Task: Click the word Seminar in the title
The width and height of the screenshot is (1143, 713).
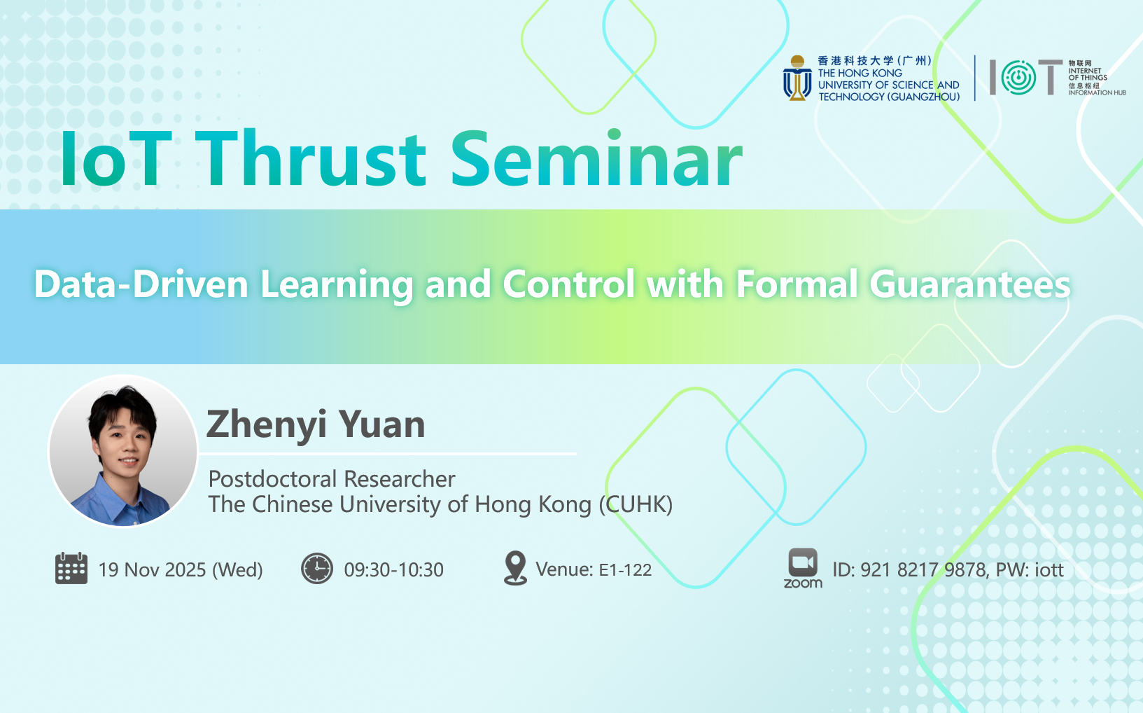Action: coord(596,159)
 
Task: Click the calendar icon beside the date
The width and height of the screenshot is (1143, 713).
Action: coord(71,568)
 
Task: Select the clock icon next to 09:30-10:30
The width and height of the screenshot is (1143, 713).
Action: coord(317,568)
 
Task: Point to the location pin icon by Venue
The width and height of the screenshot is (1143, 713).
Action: coord(515,568)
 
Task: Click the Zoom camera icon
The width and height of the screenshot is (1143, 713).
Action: coord(803,563)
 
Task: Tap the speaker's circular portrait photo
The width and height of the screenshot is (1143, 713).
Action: coord(123,451)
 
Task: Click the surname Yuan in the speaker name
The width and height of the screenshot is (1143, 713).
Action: coord(381,424)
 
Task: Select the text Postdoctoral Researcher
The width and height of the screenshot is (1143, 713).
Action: coord(332,479)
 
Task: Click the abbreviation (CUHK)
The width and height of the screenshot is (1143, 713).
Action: coord(636,504)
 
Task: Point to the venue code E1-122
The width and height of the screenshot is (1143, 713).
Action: coord(625,569)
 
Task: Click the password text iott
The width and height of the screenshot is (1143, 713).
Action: coord(1049,569)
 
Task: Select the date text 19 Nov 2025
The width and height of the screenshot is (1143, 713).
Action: coord(152,569)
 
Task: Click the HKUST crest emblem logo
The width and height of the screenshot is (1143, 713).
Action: coord(797,78)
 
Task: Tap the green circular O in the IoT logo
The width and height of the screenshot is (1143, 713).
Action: coord(1018,78)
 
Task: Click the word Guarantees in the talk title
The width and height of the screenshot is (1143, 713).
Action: coord(969,284)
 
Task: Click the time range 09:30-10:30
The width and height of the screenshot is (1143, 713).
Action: coord(394,569)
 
